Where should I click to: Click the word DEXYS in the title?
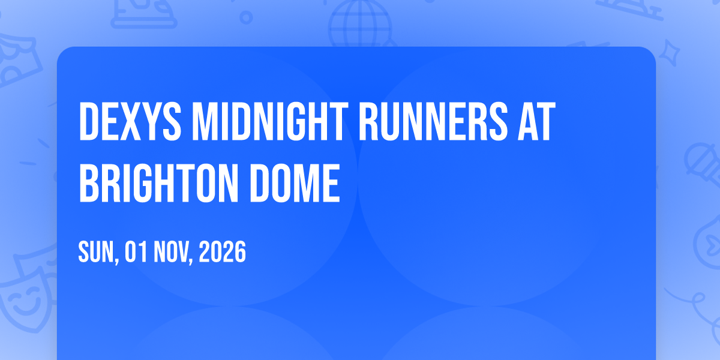point(130,121)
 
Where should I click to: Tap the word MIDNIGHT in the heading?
point(270,121)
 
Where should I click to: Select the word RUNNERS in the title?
point(433,121)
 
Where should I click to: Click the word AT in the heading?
point(536,121)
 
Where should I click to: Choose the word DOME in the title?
point(295,183)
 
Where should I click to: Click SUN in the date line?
point(96,252)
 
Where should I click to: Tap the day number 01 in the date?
point(136,252)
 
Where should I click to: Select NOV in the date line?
point(171,252)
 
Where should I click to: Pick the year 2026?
point(223,252)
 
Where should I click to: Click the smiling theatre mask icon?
point(24,299)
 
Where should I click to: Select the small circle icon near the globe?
point(246,17)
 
